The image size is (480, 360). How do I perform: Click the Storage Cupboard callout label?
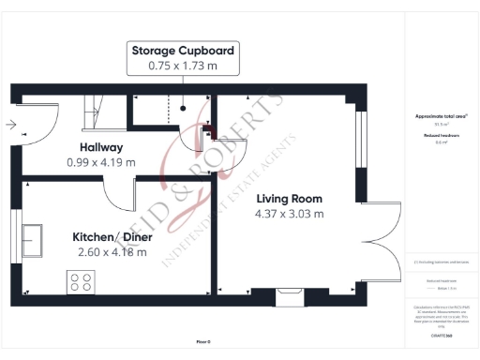(x=183, y=51)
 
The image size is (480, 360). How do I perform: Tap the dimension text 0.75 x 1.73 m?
(x=183, y=67)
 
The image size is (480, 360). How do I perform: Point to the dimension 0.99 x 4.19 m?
(x=101, y=162)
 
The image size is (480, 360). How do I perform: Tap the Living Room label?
(x=289, y=199)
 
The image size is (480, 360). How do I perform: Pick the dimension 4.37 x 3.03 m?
(x=290, y=214)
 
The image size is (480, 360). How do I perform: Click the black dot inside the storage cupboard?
(x=184, y=109)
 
